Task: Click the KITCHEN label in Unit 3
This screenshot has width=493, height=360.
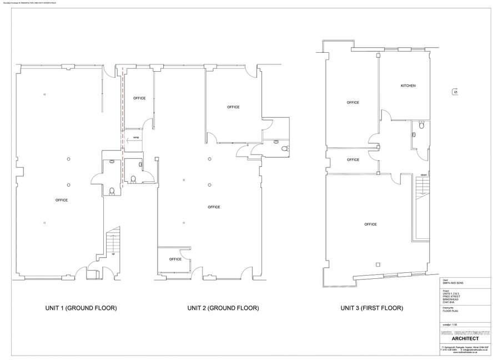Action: pyautogui.click(x=408, y=86)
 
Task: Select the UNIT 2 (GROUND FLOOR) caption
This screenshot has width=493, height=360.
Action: pyautogui.click(x=223, y=308)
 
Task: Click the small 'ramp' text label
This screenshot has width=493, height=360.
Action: pyautogui.click(x=135, y=137)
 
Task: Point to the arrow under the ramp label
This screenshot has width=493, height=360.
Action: pyautogui.click(x=131, y=142)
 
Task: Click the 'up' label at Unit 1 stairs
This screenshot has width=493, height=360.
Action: pyautogui.click(x=113, y=254)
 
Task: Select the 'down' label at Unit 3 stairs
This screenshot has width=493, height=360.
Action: pyautogui.click(x=423, y=174)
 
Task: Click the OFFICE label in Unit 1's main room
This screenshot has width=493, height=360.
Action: pyautogui.click(x=61, y=200)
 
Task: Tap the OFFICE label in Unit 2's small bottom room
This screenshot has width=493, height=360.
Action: pyautogui.click(x=175, y=259)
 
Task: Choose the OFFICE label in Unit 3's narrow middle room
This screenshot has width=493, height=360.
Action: pyautogui.click(x=353, y=159)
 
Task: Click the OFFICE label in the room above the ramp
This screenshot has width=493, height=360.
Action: pyautogui.click(x=139, y=98)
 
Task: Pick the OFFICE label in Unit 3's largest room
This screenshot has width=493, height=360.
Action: pyautogui.click(x=370, y=224)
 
